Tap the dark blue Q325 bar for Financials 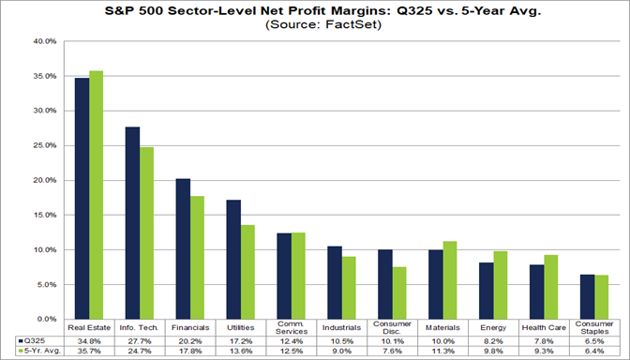point(183,248)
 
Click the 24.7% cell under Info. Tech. point(139,352)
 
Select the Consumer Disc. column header point(391,327)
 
